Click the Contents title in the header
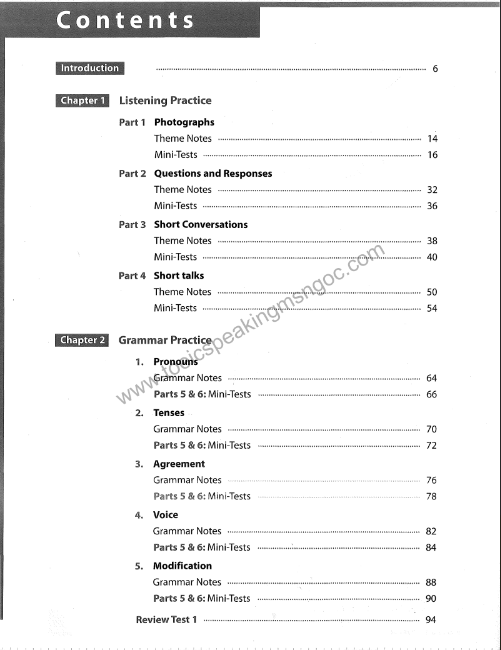[126, 20]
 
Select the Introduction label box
[90, 69]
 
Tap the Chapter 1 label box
[83, 101]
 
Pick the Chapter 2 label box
[83, 340]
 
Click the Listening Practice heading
[165, 101]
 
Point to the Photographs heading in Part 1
[184, 122]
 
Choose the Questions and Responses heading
[213, 173]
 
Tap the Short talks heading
[179, 275]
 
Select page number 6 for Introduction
[435, 69]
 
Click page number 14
[432, 139]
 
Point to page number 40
[432, 258]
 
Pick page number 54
[432, 309]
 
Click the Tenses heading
[169, 413]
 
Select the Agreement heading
[179, 464]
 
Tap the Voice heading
[166, 515]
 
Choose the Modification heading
[183, 566]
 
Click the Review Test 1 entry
[166, 620]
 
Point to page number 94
[431, 620]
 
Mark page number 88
[431, 582]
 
